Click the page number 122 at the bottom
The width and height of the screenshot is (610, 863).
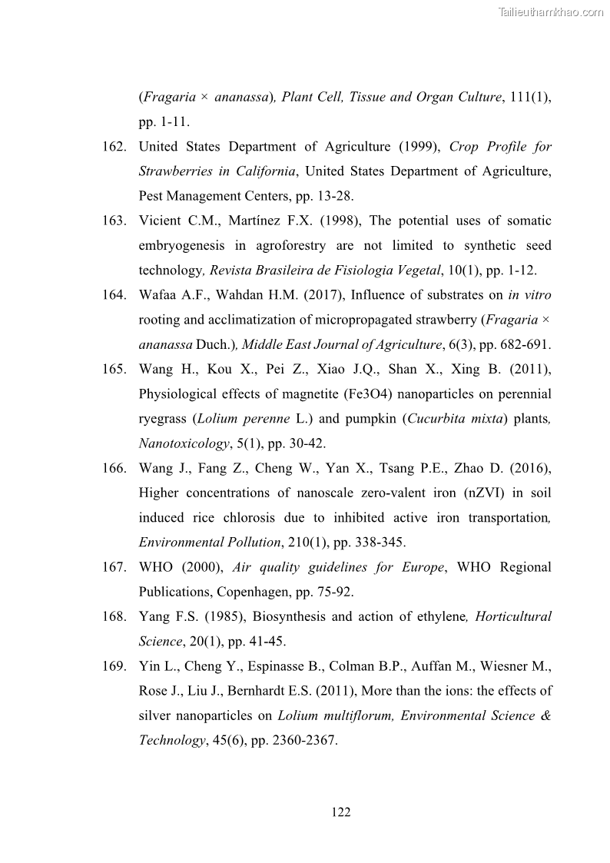click(341, 812)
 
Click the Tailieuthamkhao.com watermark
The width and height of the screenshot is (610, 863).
click(551, 12)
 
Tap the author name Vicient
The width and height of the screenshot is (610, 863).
click(161, 221)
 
